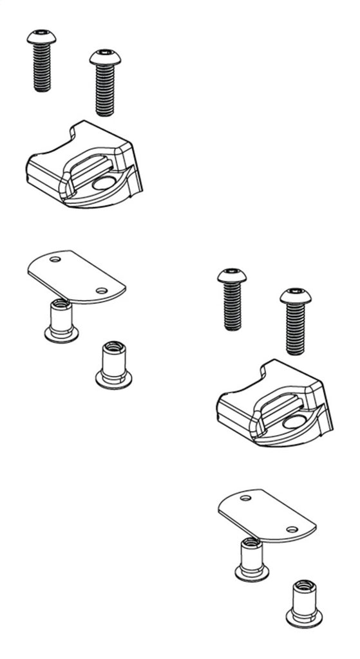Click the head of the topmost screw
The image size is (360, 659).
click(x=41, y=37)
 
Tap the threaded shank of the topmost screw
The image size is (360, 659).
click(x=42, y=68)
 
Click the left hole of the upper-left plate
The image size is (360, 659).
click(x=55, y=259)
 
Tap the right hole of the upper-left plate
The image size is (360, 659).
click(x=101, y=291)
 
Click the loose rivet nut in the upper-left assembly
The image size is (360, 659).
click(x=114, y=365)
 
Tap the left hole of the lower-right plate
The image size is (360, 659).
click(x=245, y=497)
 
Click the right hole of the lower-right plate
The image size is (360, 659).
click(x=292, y=529)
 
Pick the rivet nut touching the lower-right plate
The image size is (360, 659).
click(x=252, y=559)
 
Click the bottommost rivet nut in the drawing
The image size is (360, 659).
click(x=304, y=604)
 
